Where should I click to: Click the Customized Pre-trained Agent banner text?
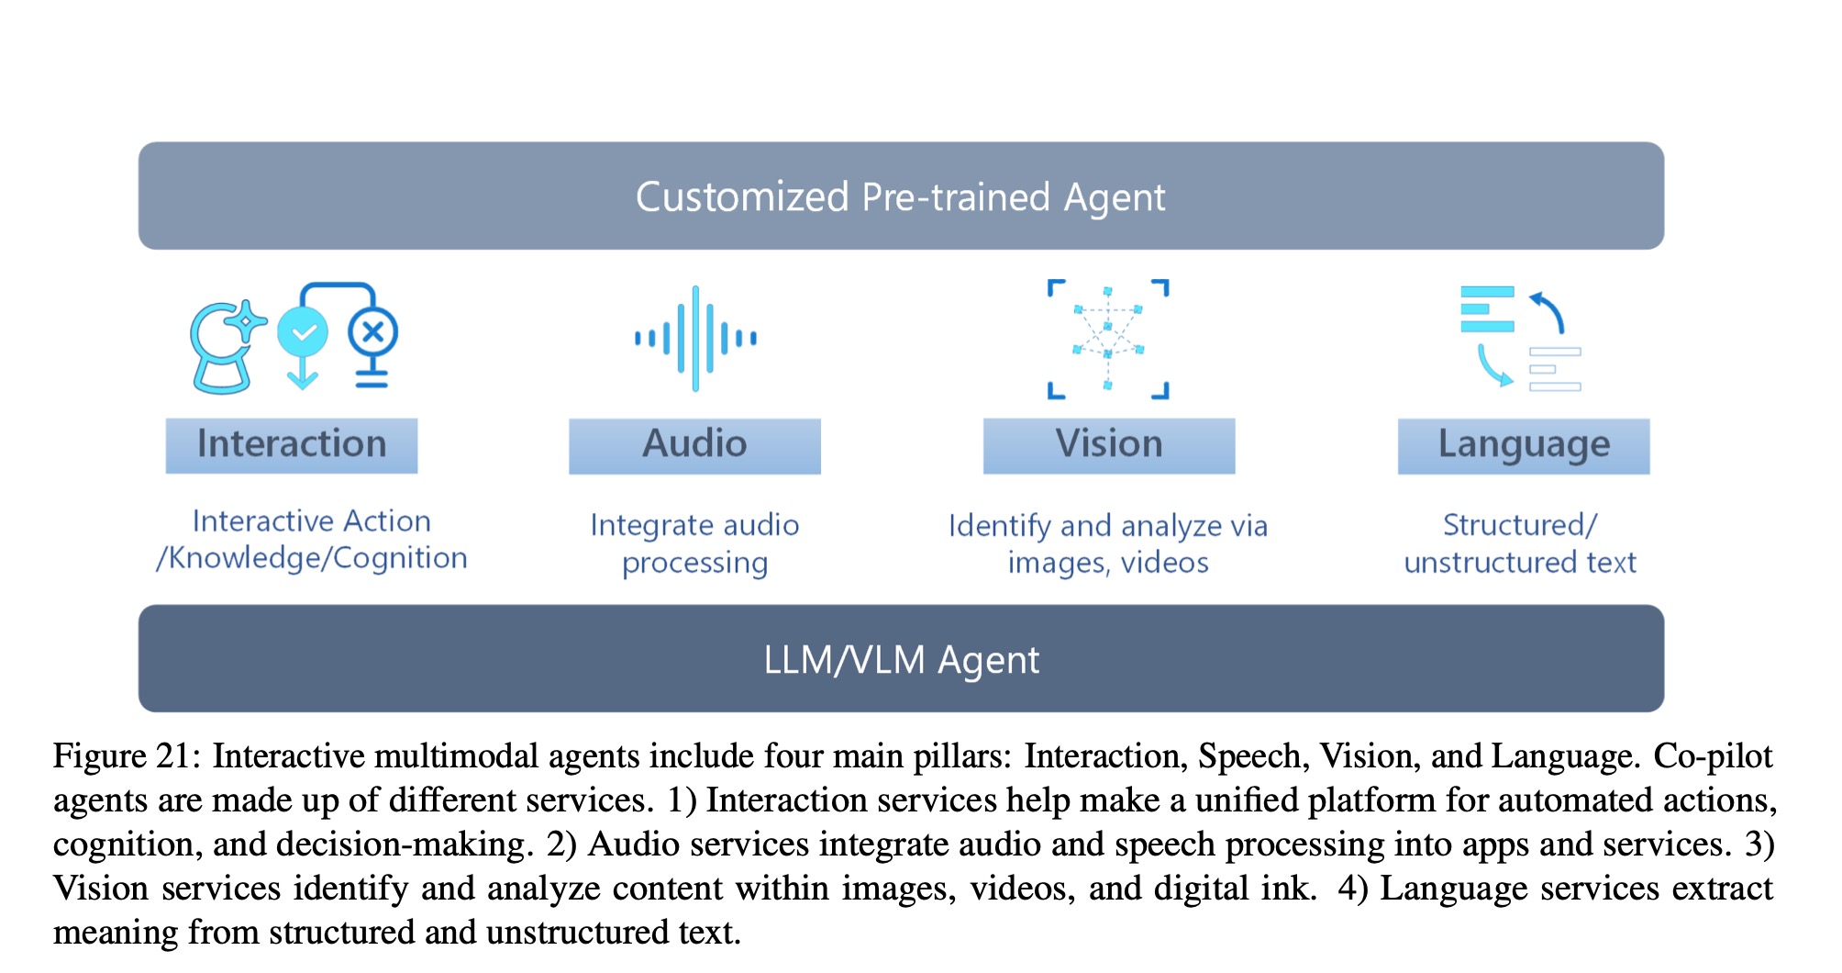tap(900, 197)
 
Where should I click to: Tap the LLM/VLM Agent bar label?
tap(901, 660)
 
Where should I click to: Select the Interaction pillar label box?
tap(292, 445)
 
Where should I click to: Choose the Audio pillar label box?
tap(694, 445)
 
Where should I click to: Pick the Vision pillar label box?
tap(1108, 445)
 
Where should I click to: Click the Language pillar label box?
tap(1523, 445)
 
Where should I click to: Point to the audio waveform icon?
tap(695, 339)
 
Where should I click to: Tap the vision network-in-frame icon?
tap(1108, 339)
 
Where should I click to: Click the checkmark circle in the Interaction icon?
tap(303, 332)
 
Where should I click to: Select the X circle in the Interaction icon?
tap(372, 332)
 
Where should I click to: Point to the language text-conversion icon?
tap(1520, 339)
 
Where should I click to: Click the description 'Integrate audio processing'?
tap(694, 543)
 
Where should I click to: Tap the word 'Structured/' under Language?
tap(1519, 525)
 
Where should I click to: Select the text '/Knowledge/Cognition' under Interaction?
tap(312, 558)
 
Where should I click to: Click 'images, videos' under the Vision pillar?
tap(1108, 562)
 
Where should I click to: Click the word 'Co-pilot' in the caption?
tap(1713, 756)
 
